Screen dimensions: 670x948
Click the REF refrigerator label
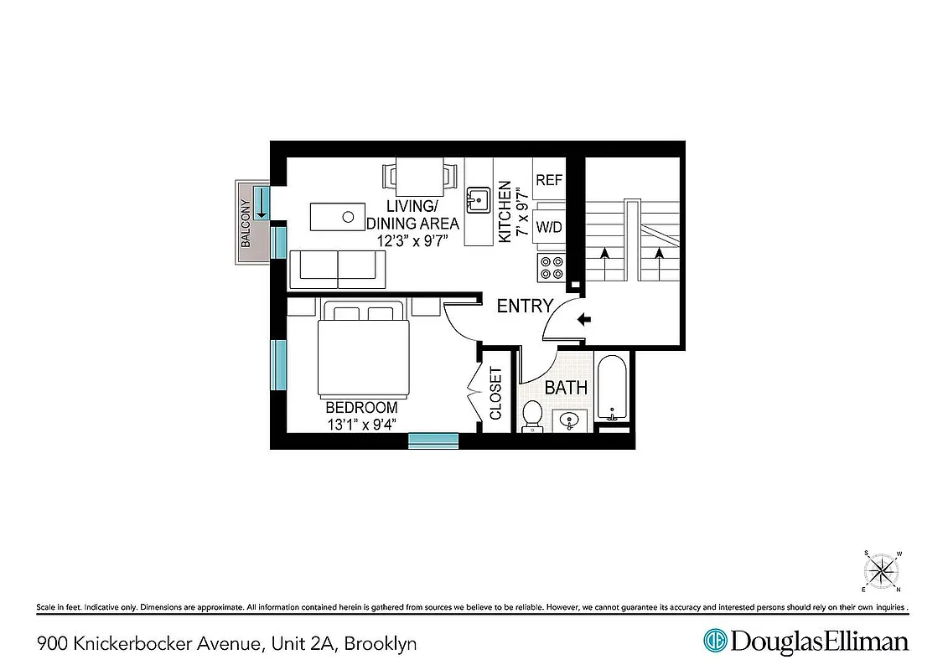549,180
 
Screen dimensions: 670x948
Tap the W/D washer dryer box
549,226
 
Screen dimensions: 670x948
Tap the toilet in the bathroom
532,416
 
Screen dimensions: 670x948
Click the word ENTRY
525,307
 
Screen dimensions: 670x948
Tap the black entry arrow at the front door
584,318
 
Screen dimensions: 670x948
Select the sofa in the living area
338,267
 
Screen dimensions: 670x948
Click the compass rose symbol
881,572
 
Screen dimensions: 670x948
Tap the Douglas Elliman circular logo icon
715,642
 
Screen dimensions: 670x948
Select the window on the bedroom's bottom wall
433,441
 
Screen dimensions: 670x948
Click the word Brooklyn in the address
381,644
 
